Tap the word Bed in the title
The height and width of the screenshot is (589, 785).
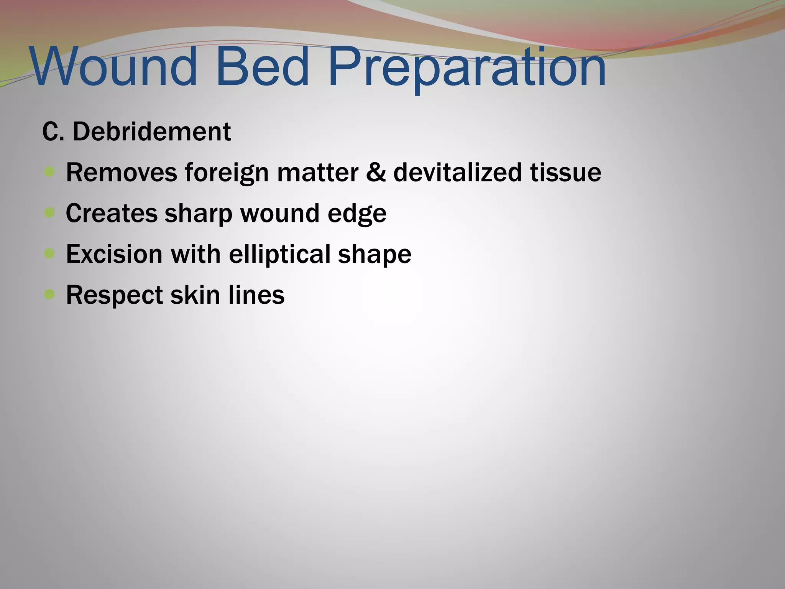262,67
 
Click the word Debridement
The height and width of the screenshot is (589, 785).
152,132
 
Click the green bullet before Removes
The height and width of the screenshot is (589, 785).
49,172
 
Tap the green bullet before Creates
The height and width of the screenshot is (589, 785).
49,212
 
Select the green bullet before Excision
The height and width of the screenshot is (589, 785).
49,253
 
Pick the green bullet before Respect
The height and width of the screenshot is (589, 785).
49,294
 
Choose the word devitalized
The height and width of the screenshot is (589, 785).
458,172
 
